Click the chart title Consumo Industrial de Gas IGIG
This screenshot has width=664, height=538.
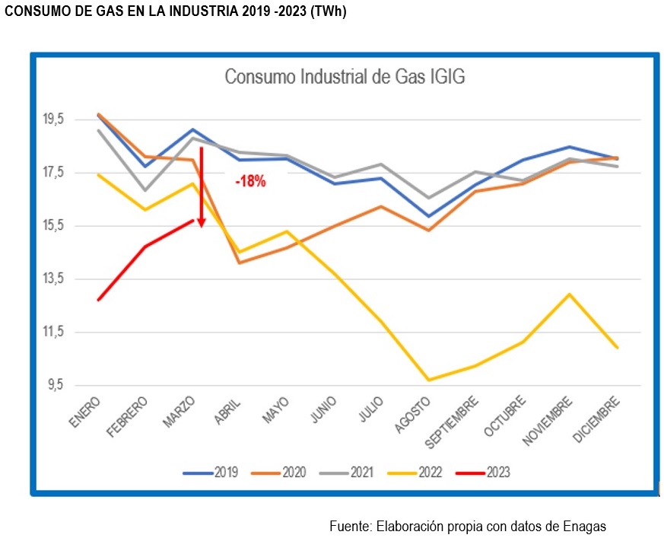click(x=345, y=78)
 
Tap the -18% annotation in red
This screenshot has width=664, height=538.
click(x=250, y=182)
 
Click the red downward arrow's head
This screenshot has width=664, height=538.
click(x=202, y=222)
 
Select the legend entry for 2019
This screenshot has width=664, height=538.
click(x=211, y=473)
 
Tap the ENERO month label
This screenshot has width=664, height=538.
click(x=85, y=413)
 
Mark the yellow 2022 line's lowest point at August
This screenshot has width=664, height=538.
click(x=429, y=380)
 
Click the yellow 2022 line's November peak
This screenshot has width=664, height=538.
click(x=569, y=294)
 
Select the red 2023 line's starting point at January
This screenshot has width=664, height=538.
click(x=98, y=300)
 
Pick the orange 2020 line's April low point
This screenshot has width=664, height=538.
click(x=240, y=263)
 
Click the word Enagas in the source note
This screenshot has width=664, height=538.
click(x=584, y=526)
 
